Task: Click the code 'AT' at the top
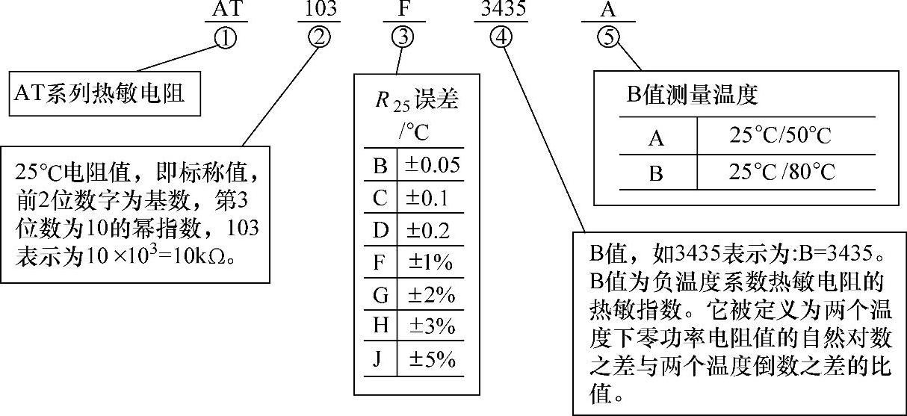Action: point(225,10)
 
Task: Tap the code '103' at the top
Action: point(320,10)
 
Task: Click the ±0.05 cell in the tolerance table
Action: point(433,165)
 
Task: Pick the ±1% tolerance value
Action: point(433,263)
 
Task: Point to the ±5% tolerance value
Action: point(433,360)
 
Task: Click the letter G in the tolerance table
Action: point(381,295)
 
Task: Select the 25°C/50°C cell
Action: point(781,137)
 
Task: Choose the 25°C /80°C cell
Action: point(781,173)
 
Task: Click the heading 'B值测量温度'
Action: point(692,95)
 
